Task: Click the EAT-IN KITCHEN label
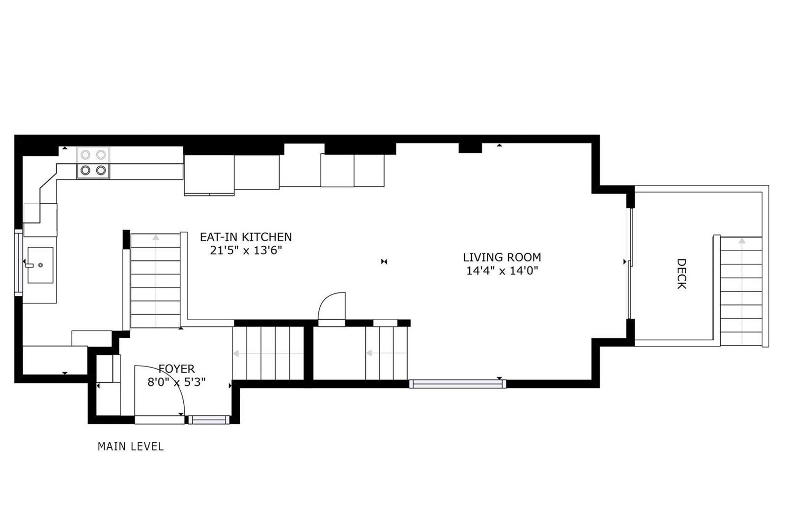click(x=246, y=237)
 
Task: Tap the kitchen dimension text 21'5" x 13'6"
click(x=246, y=250)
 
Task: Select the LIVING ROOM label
click(x=502, y=258)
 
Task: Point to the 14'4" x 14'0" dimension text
click(x=502, y=271)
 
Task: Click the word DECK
click(x=681, y=274)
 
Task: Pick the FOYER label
click(x=176, y=369)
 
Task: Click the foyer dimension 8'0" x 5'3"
click(x=176, y=382)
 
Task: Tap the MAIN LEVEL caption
click(x=131, y=446)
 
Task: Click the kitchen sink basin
click(x=40, y=265)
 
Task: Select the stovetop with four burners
click(x=93, y=163)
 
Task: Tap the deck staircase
click(x=741, y=291)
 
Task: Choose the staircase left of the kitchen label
click(x=155, y=281)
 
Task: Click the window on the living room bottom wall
click(x=457, y=384)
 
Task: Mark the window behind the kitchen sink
click(x=18, y=262)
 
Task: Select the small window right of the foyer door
click(x=209, y=420)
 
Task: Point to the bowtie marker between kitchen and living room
click(x=384, y=262)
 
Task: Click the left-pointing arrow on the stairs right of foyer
click(x=268, y=353)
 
